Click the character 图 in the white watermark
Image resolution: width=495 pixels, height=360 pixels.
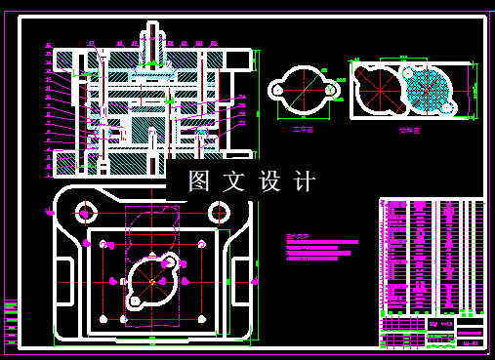click(x=199, y=180)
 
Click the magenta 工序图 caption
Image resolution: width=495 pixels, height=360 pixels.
click(x=305, y=127)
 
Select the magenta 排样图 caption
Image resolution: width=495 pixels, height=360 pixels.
click(x=406, y=128)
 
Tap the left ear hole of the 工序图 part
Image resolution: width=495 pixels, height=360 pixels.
click(x=277, y=90)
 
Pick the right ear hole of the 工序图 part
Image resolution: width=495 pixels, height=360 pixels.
click(x=332, y=90)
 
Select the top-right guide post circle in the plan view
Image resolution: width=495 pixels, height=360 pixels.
click(x=221, y=212)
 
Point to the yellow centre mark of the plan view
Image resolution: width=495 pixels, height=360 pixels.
click(x=153, y=281)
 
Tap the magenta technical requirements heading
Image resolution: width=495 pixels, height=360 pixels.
click(x=296, y=236)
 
